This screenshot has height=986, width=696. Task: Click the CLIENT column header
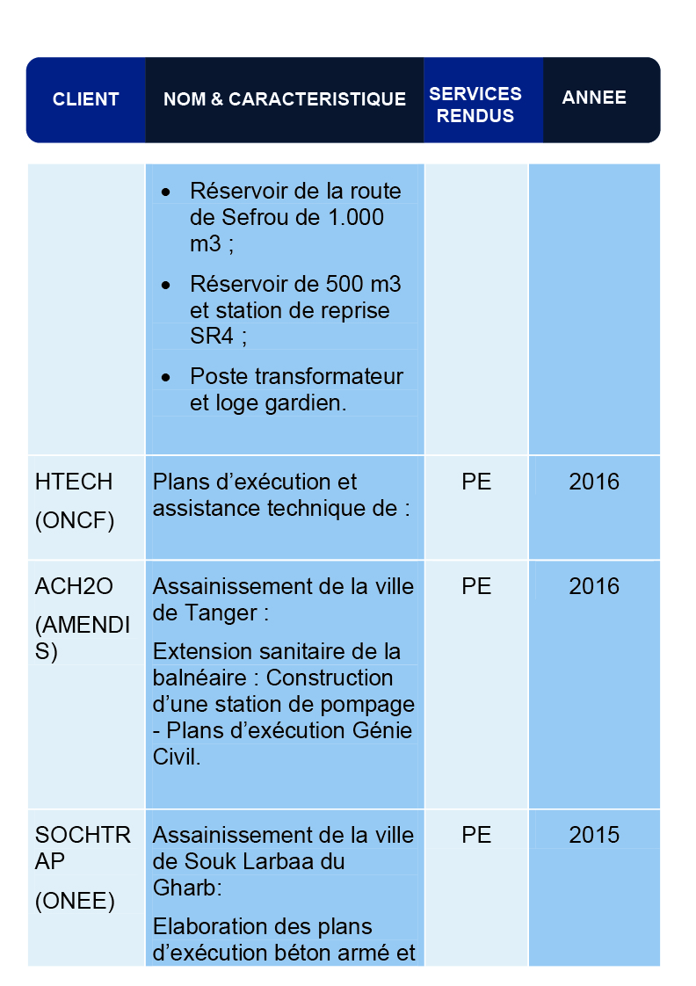85,99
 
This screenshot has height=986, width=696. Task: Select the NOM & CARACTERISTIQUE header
285,99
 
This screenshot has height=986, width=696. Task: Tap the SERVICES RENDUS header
475,105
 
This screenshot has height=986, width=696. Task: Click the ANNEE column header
594,98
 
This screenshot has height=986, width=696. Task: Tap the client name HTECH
74,482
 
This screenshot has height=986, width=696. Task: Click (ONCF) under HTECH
75,521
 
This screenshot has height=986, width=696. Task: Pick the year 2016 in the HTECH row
594,482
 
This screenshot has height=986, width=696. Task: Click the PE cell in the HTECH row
476,482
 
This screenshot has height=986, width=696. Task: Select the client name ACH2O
74,586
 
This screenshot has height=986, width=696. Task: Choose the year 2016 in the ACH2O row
594,586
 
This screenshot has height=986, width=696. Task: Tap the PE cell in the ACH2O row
476,586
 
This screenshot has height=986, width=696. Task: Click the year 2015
594,835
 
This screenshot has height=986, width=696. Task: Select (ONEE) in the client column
75,901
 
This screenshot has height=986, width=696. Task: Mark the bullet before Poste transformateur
166,377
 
